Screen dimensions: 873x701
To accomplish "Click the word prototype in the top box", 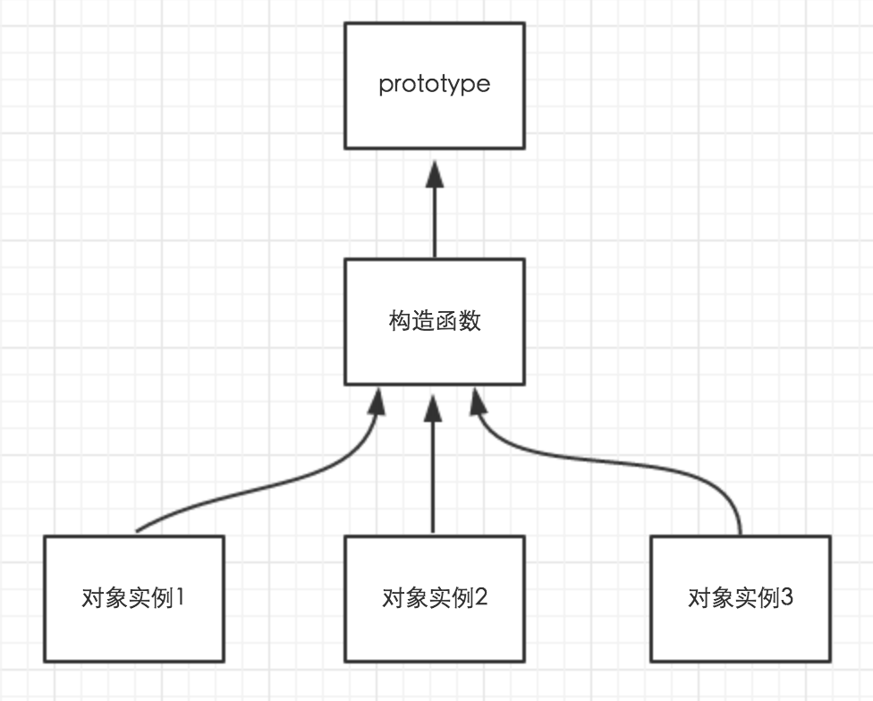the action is click(435, 85).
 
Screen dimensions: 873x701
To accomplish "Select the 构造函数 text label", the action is click(435, 321).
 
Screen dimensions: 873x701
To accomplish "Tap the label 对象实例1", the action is click(133, 598).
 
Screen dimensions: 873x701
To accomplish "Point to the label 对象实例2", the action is click(435, 598).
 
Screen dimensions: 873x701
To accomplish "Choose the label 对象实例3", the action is click(741, 598).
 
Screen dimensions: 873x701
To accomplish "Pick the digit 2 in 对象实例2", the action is click(481, 597).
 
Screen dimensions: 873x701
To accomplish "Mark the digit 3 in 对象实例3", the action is click(786, 597).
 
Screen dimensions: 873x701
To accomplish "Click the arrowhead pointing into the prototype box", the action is click(435, 174).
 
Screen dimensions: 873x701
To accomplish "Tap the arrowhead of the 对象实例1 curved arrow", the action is click(377, 401).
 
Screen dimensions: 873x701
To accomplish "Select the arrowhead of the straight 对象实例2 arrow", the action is click(433, 408).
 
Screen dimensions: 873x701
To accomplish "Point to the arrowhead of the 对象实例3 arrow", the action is click(478, 401).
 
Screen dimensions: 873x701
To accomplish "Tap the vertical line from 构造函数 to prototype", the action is click(435, 223).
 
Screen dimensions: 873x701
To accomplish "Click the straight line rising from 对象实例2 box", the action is click(433, 477).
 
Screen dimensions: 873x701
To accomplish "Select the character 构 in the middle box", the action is click(400, 321).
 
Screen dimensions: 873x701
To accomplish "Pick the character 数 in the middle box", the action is click(470, 321).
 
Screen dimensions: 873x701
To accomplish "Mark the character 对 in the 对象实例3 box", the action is click(699, 598).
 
